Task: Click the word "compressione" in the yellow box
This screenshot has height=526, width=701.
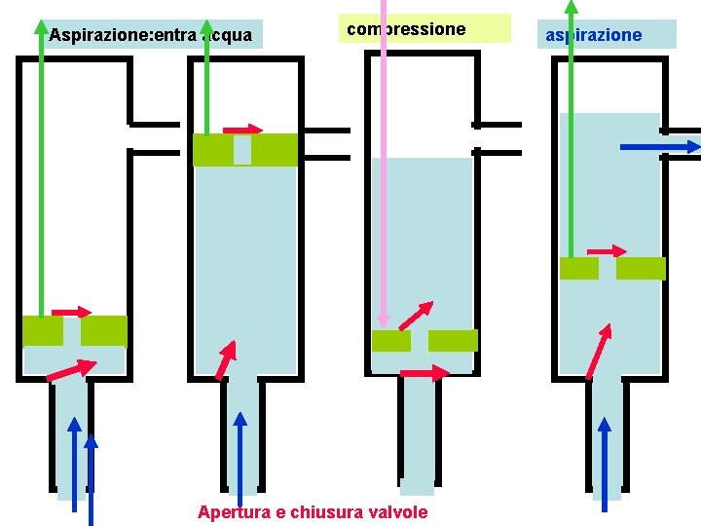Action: [406, 29]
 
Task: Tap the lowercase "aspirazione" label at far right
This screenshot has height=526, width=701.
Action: [593, 35]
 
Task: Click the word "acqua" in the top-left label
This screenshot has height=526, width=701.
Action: [226, 36]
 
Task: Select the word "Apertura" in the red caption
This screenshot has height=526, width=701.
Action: [235, 511]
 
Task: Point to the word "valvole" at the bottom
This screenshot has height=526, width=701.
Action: [395, 511]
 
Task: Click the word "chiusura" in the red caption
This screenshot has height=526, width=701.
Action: [324, 511]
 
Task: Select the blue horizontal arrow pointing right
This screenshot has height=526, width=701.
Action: [661, 147]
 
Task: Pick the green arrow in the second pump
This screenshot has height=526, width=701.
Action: [207, 78]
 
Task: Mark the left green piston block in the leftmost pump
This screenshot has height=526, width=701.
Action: [42, 331]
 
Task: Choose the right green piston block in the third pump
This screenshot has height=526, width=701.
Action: [453, 341]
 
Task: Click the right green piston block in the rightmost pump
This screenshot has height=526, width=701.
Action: [641, 269]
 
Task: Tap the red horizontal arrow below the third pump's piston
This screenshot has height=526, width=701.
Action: [424, 373]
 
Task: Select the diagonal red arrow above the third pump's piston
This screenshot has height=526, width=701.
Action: [416, 317]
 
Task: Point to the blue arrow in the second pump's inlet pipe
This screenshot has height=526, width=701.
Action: [240, 458]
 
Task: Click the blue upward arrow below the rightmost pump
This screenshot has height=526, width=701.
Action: [605, 463]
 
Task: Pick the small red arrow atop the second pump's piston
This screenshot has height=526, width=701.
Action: [242, 129]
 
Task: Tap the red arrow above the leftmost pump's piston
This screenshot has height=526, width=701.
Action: [71, 312]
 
